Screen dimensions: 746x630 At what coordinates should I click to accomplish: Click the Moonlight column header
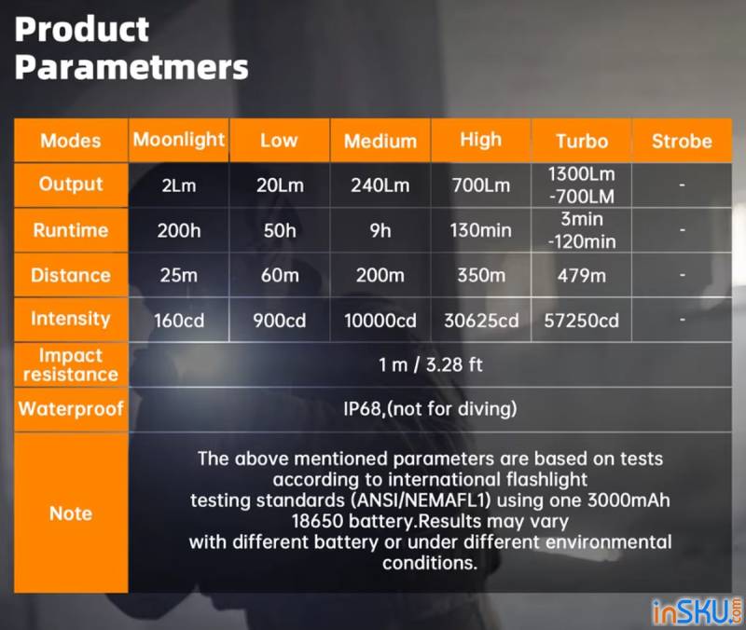pyautogui.click(x=178, y=140)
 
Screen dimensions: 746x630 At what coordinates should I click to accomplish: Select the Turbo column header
pyautogui.click(x=582, y=141)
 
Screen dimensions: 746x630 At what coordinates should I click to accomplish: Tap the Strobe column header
pyautogui.click(x=682, y=141)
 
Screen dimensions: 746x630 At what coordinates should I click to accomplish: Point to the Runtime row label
pyautogui.click(x=71, y=230)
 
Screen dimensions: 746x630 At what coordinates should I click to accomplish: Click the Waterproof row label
pyautogui.click(x=71, y=409)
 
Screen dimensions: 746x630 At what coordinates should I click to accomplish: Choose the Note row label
pyautogui.click(x=71, y=513)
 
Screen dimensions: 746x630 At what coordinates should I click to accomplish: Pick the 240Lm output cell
pyautogui.click(x=380, y=185)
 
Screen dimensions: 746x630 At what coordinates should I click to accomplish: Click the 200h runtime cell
pyautogui.click(x=179, y=230)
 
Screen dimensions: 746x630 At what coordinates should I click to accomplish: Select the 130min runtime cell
pyautogui.click(x=481, y=230)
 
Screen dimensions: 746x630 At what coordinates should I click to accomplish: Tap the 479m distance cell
pyautogui.click(x=582, y=275)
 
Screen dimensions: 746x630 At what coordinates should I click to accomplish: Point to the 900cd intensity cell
pyautogui.click(x=279, y=321)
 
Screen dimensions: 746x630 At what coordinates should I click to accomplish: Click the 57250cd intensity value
pyautogui.click(x=582, y=321)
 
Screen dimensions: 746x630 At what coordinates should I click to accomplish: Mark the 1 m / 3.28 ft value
pyautogui.click(x=431, y=364)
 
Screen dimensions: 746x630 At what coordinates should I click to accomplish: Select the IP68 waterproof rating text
pyautogui.click(x=363, y=409)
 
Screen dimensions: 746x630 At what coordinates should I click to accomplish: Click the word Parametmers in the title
pyautogui.click(x=131, y=66)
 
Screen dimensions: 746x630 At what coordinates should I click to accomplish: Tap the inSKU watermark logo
pyautogui.click(x=696, y=611)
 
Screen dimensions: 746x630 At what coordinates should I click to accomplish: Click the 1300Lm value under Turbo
pyautogui.click(x=581, y=174)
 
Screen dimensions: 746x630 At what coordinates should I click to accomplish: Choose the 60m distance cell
pyautogui.click(x=280, y=275)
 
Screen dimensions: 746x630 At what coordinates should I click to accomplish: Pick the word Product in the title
pyautogui.click(x=82, y=29)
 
